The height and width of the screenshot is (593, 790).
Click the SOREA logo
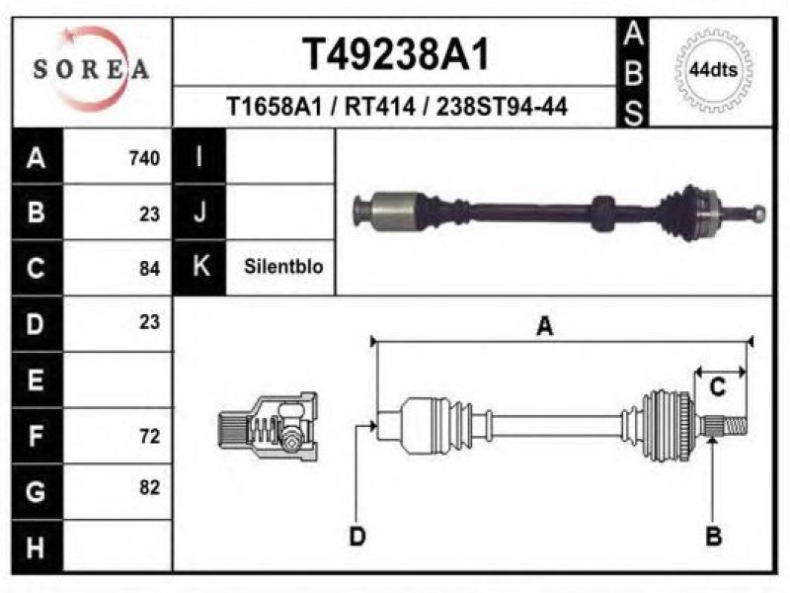91,68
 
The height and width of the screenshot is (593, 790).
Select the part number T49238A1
396,54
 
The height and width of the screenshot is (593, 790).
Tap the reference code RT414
380,107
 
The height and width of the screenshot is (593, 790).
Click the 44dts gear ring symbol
713,69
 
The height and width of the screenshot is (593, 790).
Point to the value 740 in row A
144,158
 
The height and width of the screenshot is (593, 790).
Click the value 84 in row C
150,268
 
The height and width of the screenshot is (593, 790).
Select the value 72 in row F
150,436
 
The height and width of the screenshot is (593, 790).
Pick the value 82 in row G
150,487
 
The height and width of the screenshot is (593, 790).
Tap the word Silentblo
283,266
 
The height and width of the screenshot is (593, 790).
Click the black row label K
199,267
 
